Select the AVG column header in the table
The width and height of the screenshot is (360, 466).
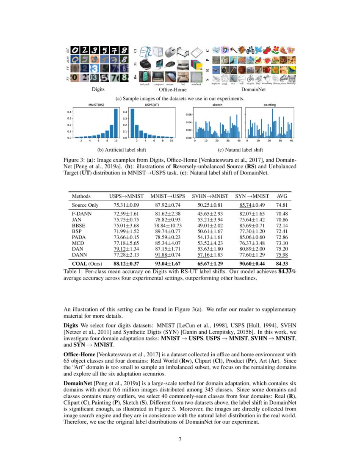[282, 196]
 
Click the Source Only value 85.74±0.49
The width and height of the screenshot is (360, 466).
[252, 205]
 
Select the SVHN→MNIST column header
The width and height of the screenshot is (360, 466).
[210, 196]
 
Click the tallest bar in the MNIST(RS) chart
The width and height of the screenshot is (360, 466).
[116, 123]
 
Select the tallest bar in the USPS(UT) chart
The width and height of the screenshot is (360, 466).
[132, 123]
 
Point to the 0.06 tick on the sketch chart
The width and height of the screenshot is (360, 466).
[188, 114]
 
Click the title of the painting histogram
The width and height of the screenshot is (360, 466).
[270, 104]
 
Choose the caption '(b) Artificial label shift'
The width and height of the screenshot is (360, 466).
[123, 150]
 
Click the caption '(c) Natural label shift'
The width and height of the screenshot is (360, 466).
[240, 150]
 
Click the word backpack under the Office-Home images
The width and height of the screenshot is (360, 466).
[144, 84]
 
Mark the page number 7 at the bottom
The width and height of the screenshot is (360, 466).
[180, 439]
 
